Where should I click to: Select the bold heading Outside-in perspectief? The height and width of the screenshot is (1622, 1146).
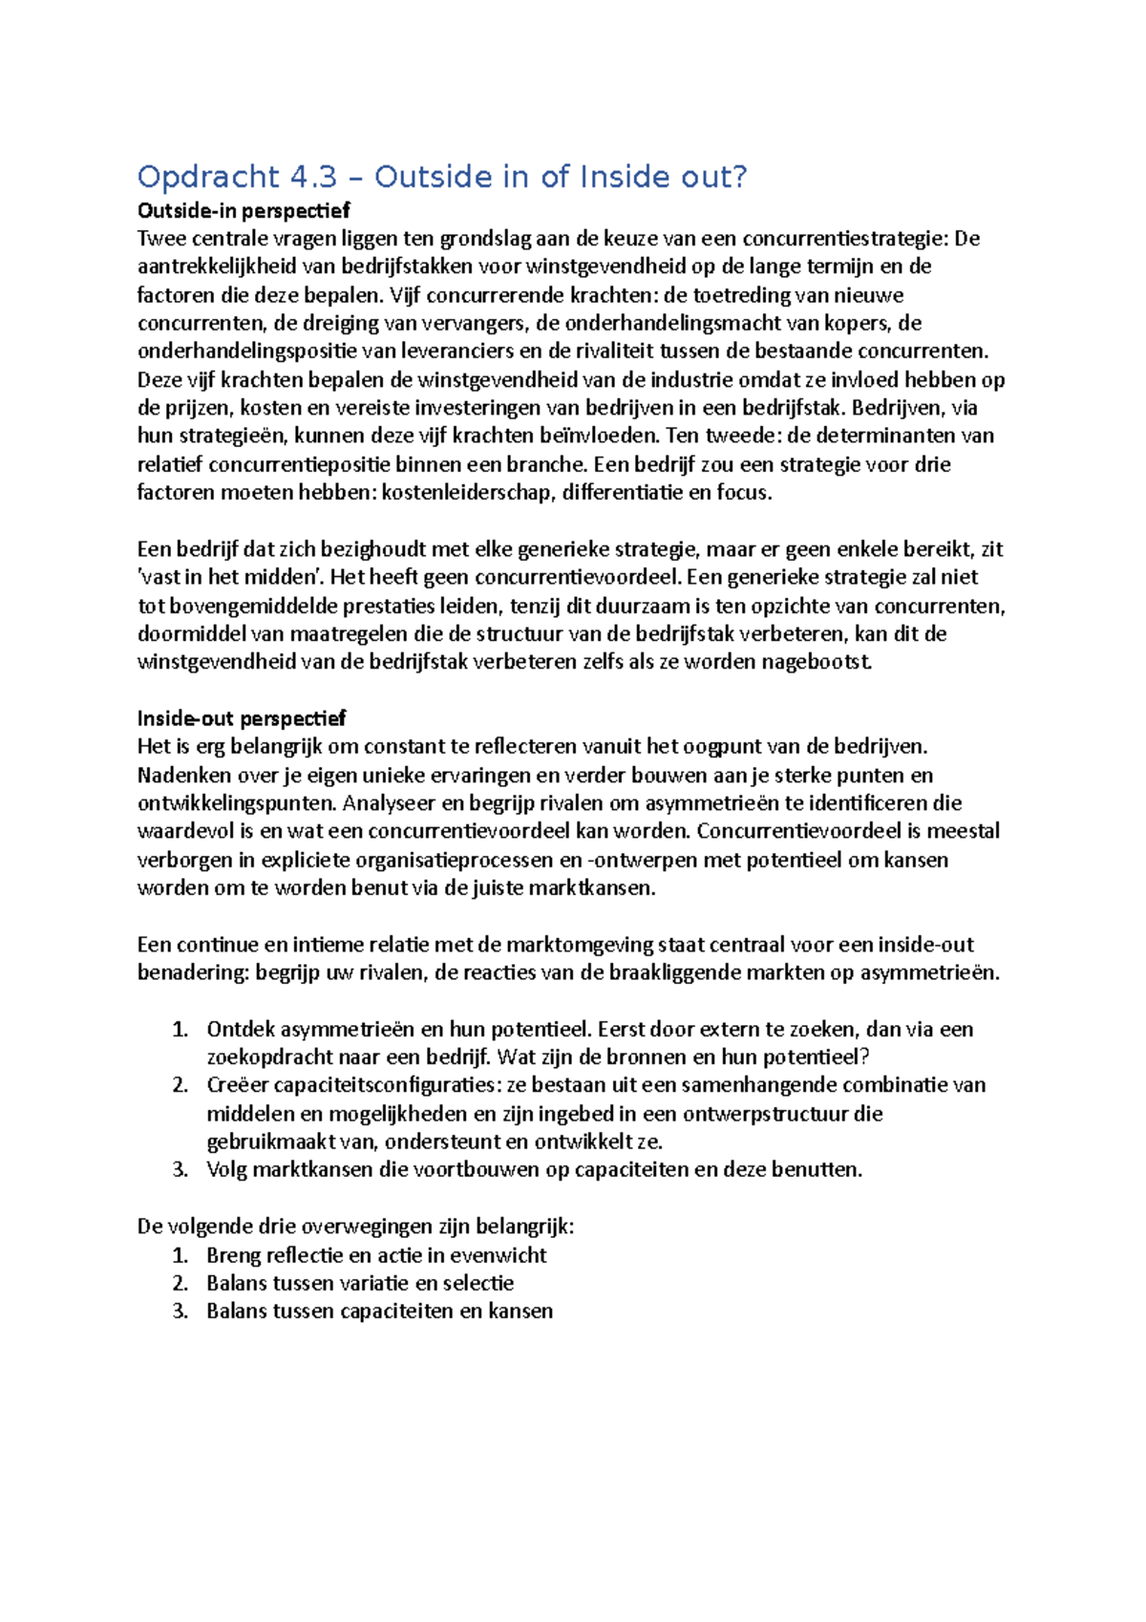[x=244, y=210]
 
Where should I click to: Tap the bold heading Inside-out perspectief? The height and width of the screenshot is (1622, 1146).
[x=242, y=718]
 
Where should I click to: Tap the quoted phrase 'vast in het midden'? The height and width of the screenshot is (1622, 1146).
[x=227, y=578]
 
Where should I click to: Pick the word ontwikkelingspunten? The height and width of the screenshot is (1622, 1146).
[x=237, y=803]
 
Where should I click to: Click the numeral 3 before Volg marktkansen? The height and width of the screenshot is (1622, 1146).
[x=179, y=1170]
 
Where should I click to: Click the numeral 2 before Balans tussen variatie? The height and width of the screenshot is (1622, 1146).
[x=179, y=1284]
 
